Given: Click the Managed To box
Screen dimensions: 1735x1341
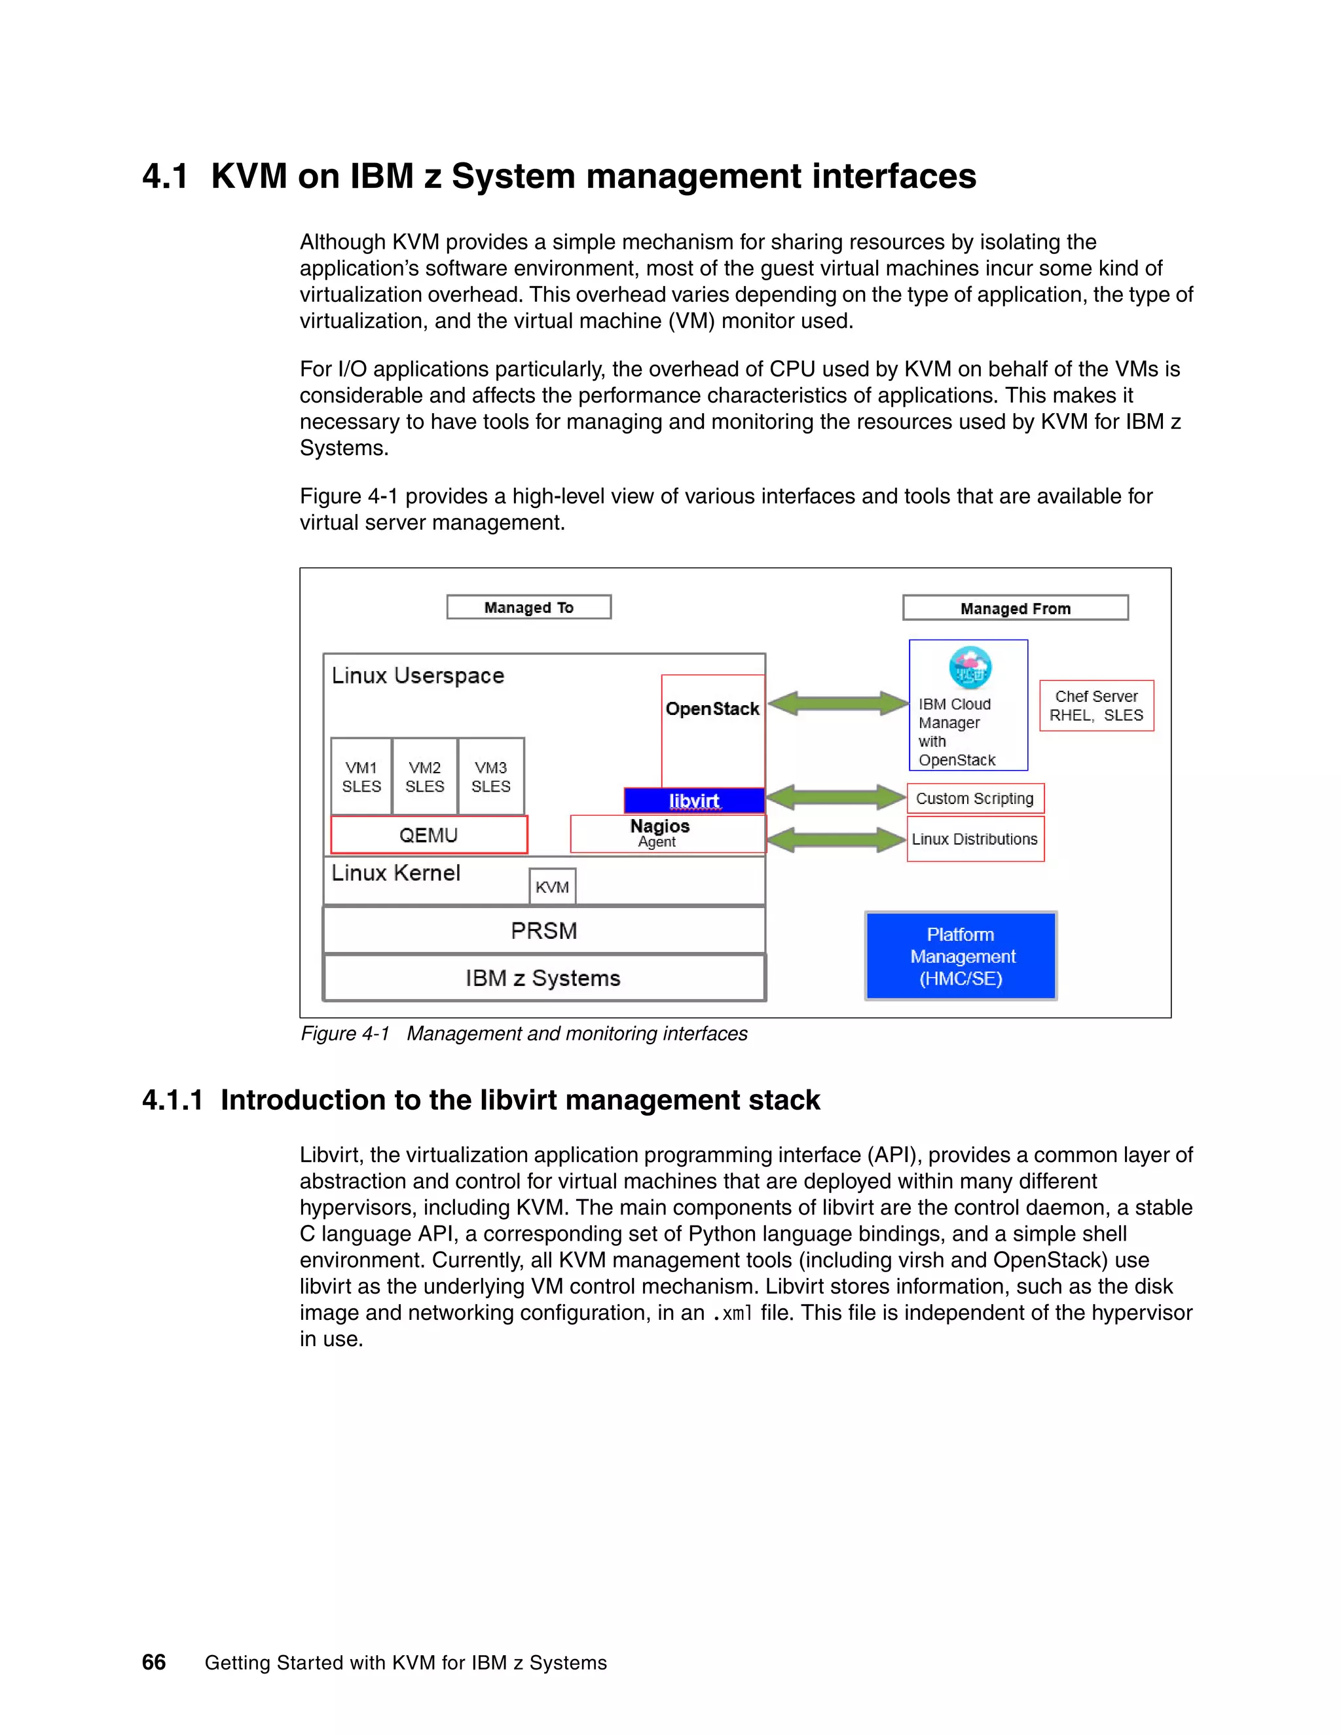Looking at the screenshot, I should click(x=528, y=607).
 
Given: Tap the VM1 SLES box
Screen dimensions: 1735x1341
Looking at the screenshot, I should click(x=361, y=776).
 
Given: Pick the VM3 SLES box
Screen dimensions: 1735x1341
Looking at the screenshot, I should click(x=490, y=776).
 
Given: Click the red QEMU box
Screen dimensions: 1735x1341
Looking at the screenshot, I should click(x=428, y=835).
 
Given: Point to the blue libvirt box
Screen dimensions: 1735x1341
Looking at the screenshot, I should click(x=693, y=800).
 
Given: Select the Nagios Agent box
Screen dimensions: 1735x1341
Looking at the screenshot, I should click(x=667, y=833).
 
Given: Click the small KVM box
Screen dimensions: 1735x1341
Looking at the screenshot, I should click(x=552, y=886).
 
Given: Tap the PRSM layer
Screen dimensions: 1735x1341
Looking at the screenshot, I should click(x=543, y=930).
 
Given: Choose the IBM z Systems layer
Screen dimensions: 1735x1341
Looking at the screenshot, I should click(x=543, y=978).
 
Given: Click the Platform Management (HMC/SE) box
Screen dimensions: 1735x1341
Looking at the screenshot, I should click(x=961, y=956).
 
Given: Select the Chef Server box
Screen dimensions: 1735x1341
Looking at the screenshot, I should click(x=1096, y=705).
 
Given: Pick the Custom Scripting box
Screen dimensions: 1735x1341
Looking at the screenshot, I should click(x=975, y=798).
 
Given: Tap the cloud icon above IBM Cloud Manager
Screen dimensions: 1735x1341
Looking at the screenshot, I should click(x=970, y=667).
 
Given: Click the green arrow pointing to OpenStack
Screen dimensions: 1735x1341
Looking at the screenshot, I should click(x=838, y=703).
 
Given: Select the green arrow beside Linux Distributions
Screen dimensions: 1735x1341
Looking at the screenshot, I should click(x=837, y=840).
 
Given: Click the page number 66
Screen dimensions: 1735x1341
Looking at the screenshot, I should click(x=153, y=1662).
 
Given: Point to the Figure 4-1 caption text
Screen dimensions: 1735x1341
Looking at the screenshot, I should click(x=524, y=1034).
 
